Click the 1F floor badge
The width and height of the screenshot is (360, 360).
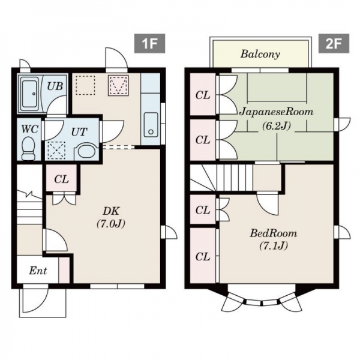click(149, 43)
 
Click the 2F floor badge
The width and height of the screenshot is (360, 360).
click(334, 43)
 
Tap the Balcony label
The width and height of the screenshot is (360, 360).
click(260, 55)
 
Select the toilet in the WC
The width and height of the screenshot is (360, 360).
click(28, 148)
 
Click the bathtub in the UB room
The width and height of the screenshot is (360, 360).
click(29, 94)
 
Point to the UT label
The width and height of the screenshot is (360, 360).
click(79, 132)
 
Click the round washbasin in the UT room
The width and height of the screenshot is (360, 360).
click(85, 151)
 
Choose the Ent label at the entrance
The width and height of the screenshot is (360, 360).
click(38, 271)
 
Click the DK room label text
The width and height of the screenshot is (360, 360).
click(111, 211)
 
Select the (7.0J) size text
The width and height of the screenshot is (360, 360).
click(111, 223)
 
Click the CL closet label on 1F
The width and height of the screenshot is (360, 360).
click(61, 179)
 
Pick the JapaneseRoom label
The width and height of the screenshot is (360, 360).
click(277, 112)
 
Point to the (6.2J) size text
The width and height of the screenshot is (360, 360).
click(277, 125)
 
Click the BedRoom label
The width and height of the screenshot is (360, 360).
click(274, 233)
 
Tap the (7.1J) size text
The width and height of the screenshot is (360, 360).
click(274, 246)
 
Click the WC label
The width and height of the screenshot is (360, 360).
click(29, 129)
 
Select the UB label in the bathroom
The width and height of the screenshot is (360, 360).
click(55, 86)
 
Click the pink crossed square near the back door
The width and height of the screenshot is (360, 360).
click(118, 85)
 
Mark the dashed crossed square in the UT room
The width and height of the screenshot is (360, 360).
click(56, 151)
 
